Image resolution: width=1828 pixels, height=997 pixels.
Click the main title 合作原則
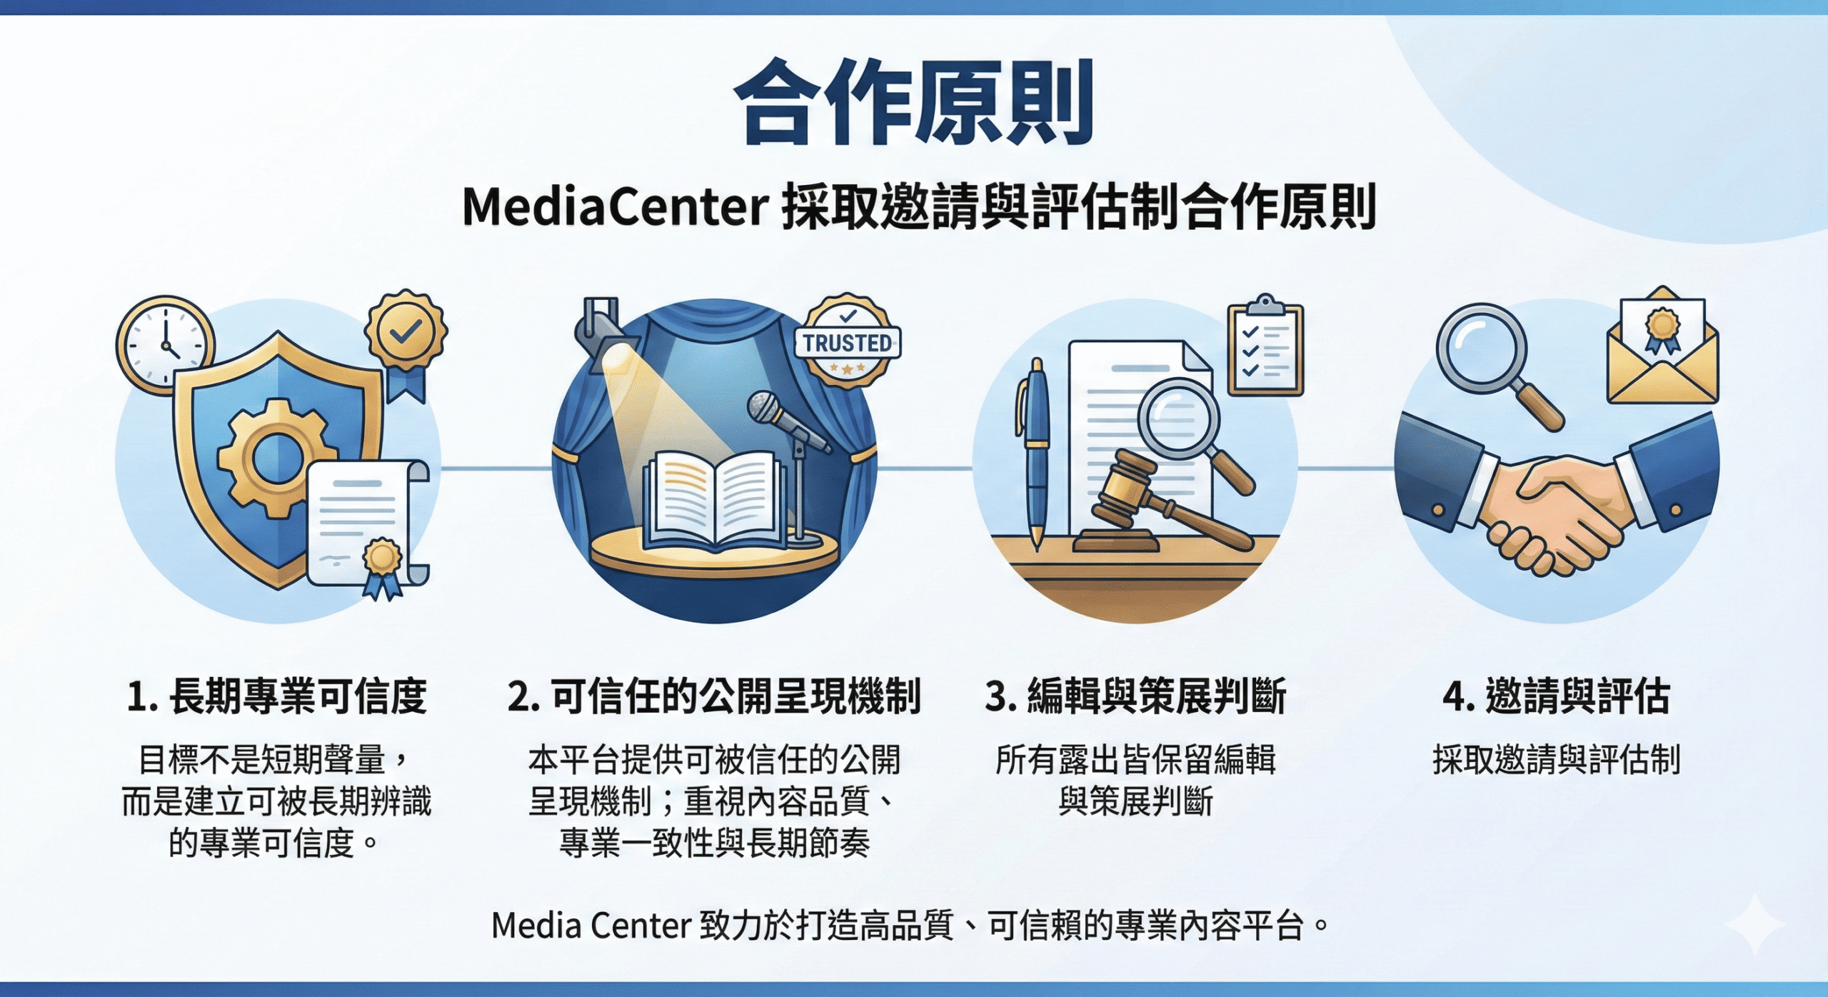pos(914,102)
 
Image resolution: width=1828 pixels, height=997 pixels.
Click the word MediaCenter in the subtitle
pos(616,207)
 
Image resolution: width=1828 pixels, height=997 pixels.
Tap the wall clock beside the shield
pos(166,345)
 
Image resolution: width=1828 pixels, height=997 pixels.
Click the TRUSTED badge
pos(848,341)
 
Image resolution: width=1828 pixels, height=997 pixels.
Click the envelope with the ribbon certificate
pos(1662,346)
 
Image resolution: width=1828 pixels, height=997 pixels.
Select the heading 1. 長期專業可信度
pos(277,696)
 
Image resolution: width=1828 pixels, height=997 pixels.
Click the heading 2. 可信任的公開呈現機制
pos(714,696)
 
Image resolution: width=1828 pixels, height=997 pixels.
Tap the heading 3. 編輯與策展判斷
pos(1135,696)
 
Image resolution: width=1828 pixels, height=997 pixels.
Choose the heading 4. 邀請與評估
pos(1557,696)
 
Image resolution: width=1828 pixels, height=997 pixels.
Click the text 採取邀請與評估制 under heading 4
pos(1557,759)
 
